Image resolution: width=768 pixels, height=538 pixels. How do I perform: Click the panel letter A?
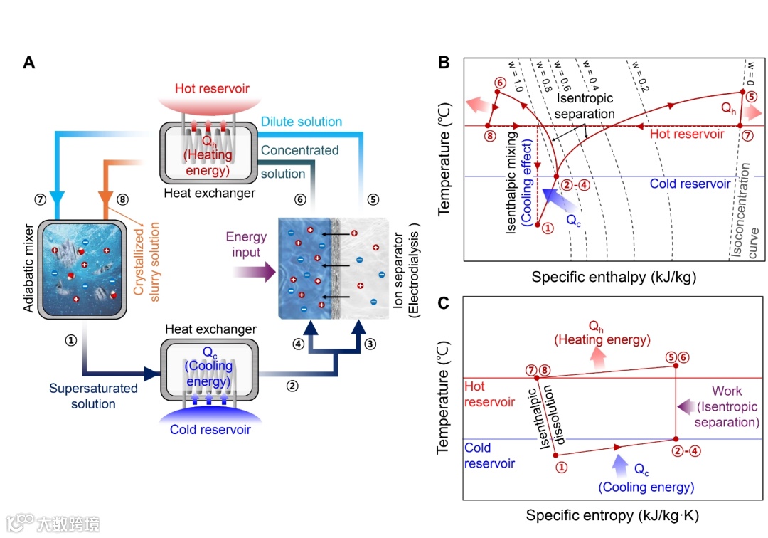pos(29,62)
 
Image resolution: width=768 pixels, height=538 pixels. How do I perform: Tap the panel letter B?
pos(443,62)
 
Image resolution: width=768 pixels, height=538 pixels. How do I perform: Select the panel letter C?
pos(443,302)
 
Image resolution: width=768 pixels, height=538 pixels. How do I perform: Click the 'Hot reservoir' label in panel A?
pos(212,88)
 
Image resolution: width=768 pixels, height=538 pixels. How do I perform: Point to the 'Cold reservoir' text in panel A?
pos(210,430)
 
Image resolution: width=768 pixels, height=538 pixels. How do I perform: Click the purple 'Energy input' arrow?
pos(253,270)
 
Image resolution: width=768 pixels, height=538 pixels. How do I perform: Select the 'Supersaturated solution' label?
pos(82,396)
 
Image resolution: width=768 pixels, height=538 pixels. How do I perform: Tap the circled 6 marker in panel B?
pos(499,83)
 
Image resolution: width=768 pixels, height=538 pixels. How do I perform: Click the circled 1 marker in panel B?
pos(547,228)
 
